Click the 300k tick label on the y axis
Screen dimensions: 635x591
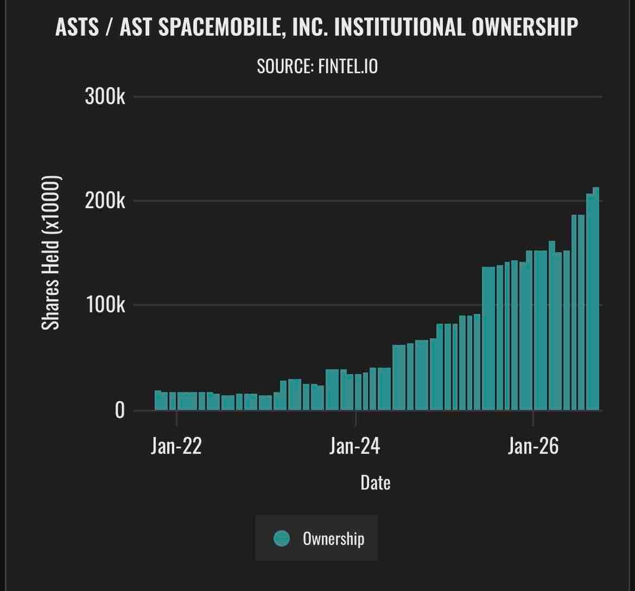point(105,97)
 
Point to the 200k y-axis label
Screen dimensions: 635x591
point(105,201)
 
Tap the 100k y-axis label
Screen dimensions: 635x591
point(105,305)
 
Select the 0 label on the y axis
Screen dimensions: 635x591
point(120,410)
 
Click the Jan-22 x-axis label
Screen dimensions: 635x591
point(176,446)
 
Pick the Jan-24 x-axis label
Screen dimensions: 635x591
point(355,446)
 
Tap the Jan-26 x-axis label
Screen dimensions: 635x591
point(533,446)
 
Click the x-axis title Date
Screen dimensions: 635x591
point(376,483)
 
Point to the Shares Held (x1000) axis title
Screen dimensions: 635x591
point(51,253)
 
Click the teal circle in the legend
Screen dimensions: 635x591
point(282,538)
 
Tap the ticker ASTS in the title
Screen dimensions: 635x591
point(78,28)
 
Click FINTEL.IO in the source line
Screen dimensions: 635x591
point(348,66)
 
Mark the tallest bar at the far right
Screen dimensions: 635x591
point(596,299)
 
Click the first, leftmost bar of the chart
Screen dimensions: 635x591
point(157,401)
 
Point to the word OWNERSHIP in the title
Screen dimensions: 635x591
point(525,28)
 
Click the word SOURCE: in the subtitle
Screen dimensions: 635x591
point(285,66)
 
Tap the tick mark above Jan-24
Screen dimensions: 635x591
point(355,418)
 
